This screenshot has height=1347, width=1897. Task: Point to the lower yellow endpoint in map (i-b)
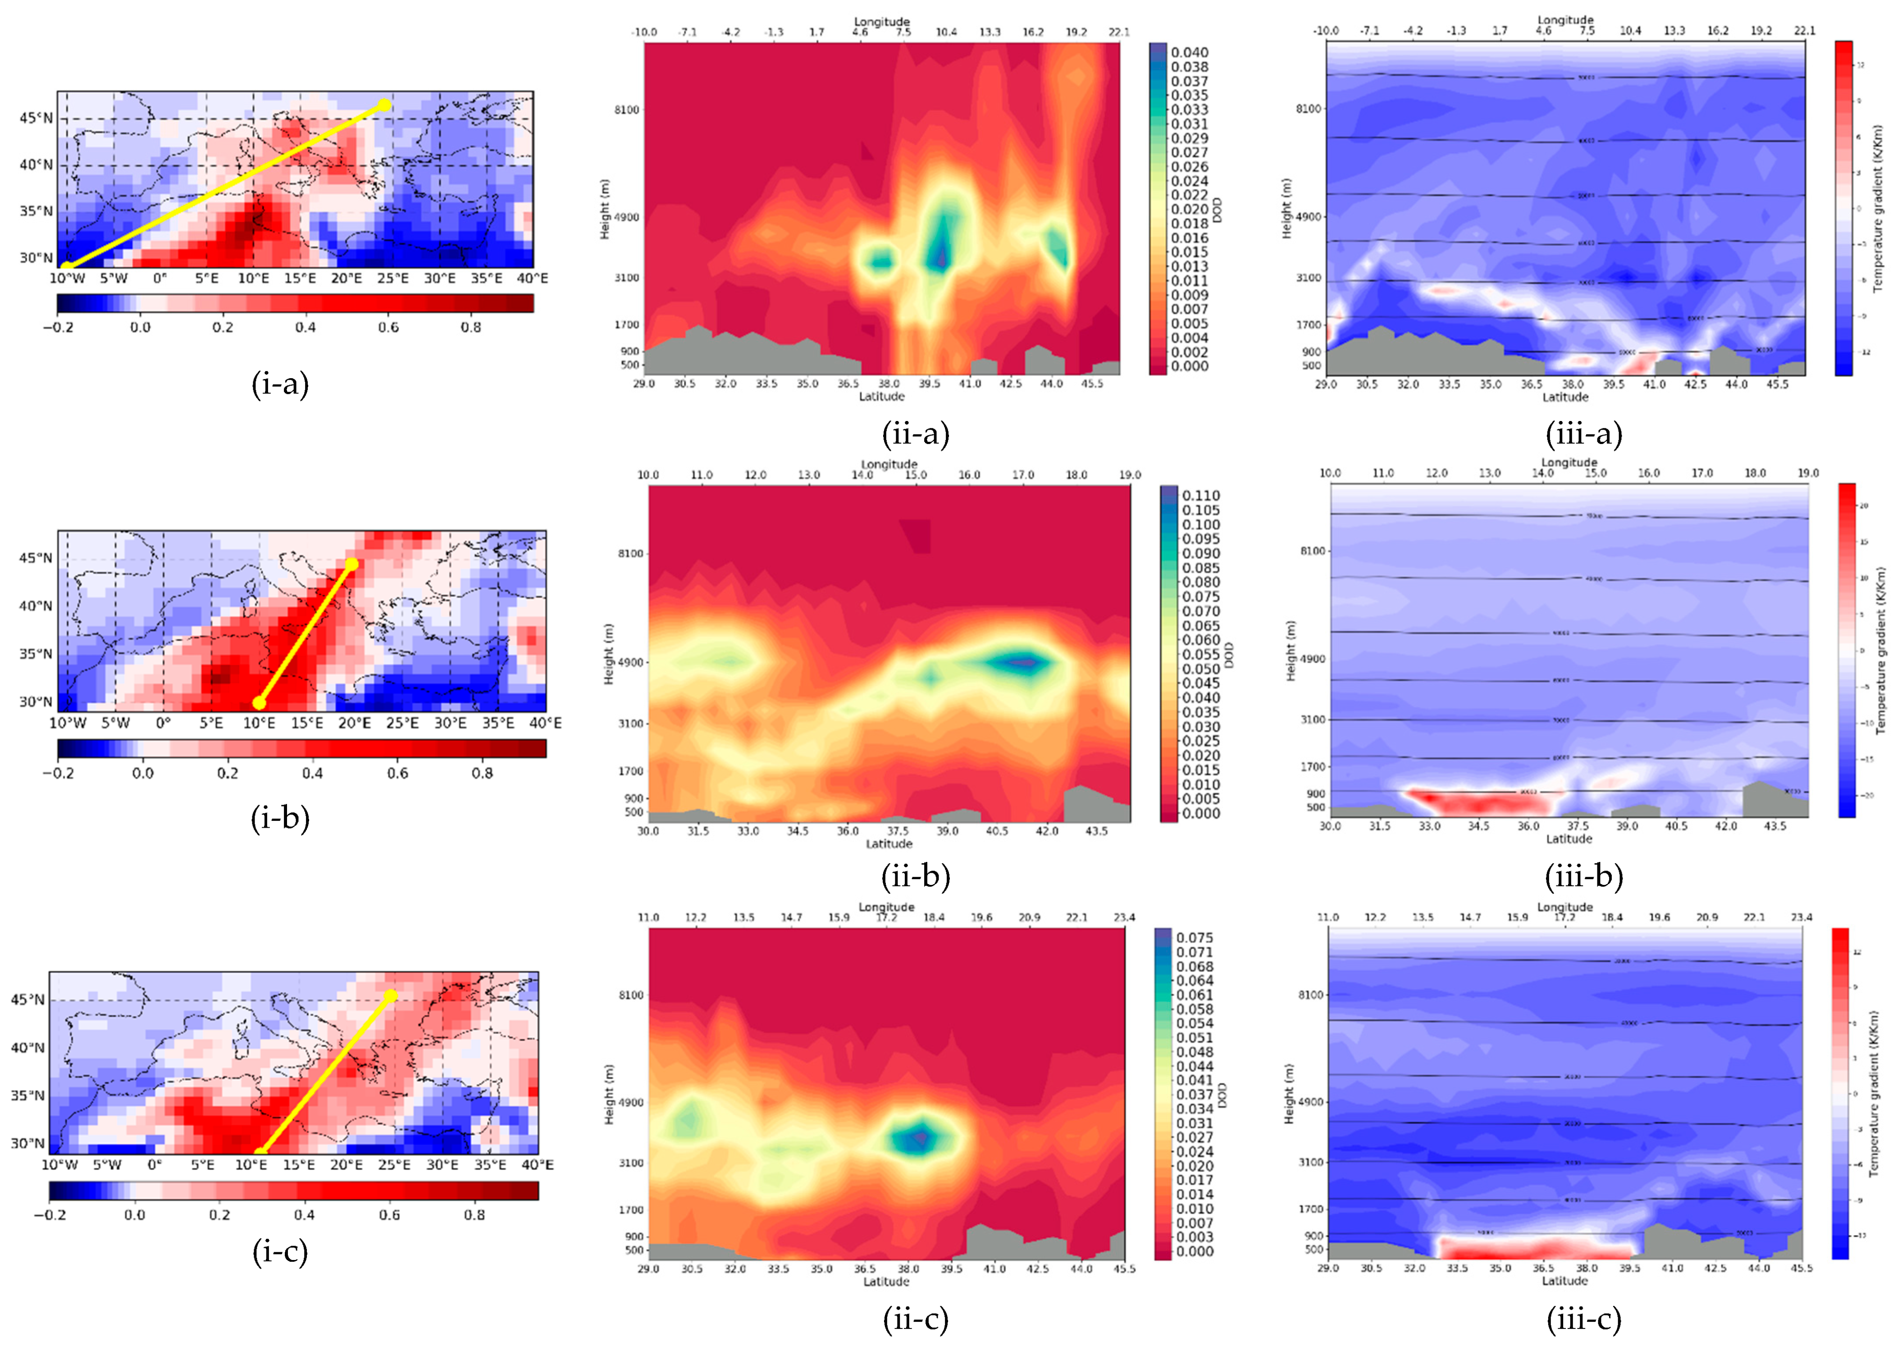[x=259, y=702]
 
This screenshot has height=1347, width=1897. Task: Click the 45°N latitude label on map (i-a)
[x=36, y=118]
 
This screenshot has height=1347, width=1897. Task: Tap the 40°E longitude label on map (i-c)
[x=537, y=1164]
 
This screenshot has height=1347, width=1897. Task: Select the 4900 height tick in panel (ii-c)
[x=630, y=1102]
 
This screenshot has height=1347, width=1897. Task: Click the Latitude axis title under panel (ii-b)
[x=889, y=843]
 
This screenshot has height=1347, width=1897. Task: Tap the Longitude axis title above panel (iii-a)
[x=1565, y=19]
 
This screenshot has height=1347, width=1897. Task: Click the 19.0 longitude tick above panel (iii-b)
[x=1808, y=473]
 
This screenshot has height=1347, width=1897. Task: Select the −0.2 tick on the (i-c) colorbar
[x=50, y=1215]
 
